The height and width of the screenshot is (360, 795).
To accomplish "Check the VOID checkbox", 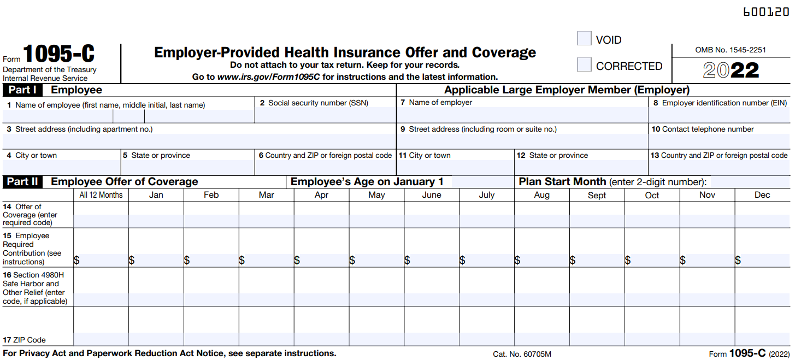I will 584,39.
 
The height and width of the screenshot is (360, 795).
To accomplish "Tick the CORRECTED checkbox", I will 584,65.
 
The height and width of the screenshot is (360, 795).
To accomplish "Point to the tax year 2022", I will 731,70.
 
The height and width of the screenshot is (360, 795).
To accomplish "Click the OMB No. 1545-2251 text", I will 731,50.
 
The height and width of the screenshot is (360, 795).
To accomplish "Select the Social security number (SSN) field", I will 325,116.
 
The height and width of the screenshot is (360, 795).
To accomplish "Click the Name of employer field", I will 522,115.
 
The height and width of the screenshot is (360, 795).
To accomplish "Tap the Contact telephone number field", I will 719,141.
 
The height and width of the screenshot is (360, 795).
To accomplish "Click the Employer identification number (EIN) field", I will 719,115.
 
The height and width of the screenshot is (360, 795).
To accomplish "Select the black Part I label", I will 22,90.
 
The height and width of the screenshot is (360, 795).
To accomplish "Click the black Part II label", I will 22,182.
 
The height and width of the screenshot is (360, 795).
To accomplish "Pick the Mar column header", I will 267,195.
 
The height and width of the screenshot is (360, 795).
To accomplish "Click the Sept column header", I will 597,195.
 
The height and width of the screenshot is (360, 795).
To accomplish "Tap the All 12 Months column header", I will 101,195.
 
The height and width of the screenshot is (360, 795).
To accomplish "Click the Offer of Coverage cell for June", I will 432,221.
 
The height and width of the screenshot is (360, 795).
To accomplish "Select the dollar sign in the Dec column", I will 738,260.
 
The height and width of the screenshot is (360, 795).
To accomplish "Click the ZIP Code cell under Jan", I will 156,339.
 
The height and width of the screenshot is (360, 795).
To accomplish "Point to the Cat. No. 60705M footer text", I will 522,354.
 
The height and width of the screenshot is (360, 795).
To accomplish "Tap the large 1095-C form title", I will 58,55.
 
